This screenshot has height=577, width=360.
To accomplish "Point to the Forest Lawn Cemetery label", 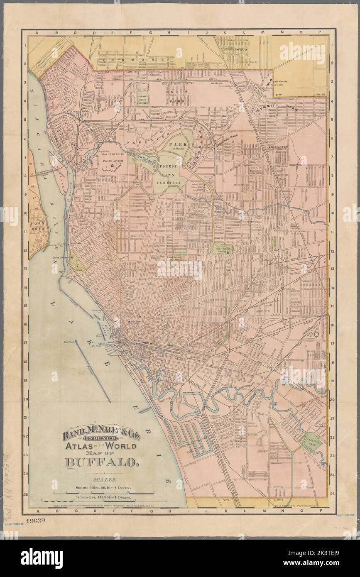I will pyautogui.click(x=169, y=174).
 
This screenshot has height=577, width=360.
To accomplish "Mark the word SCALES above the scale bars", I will pyautogui.click(x=101, y=480).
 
